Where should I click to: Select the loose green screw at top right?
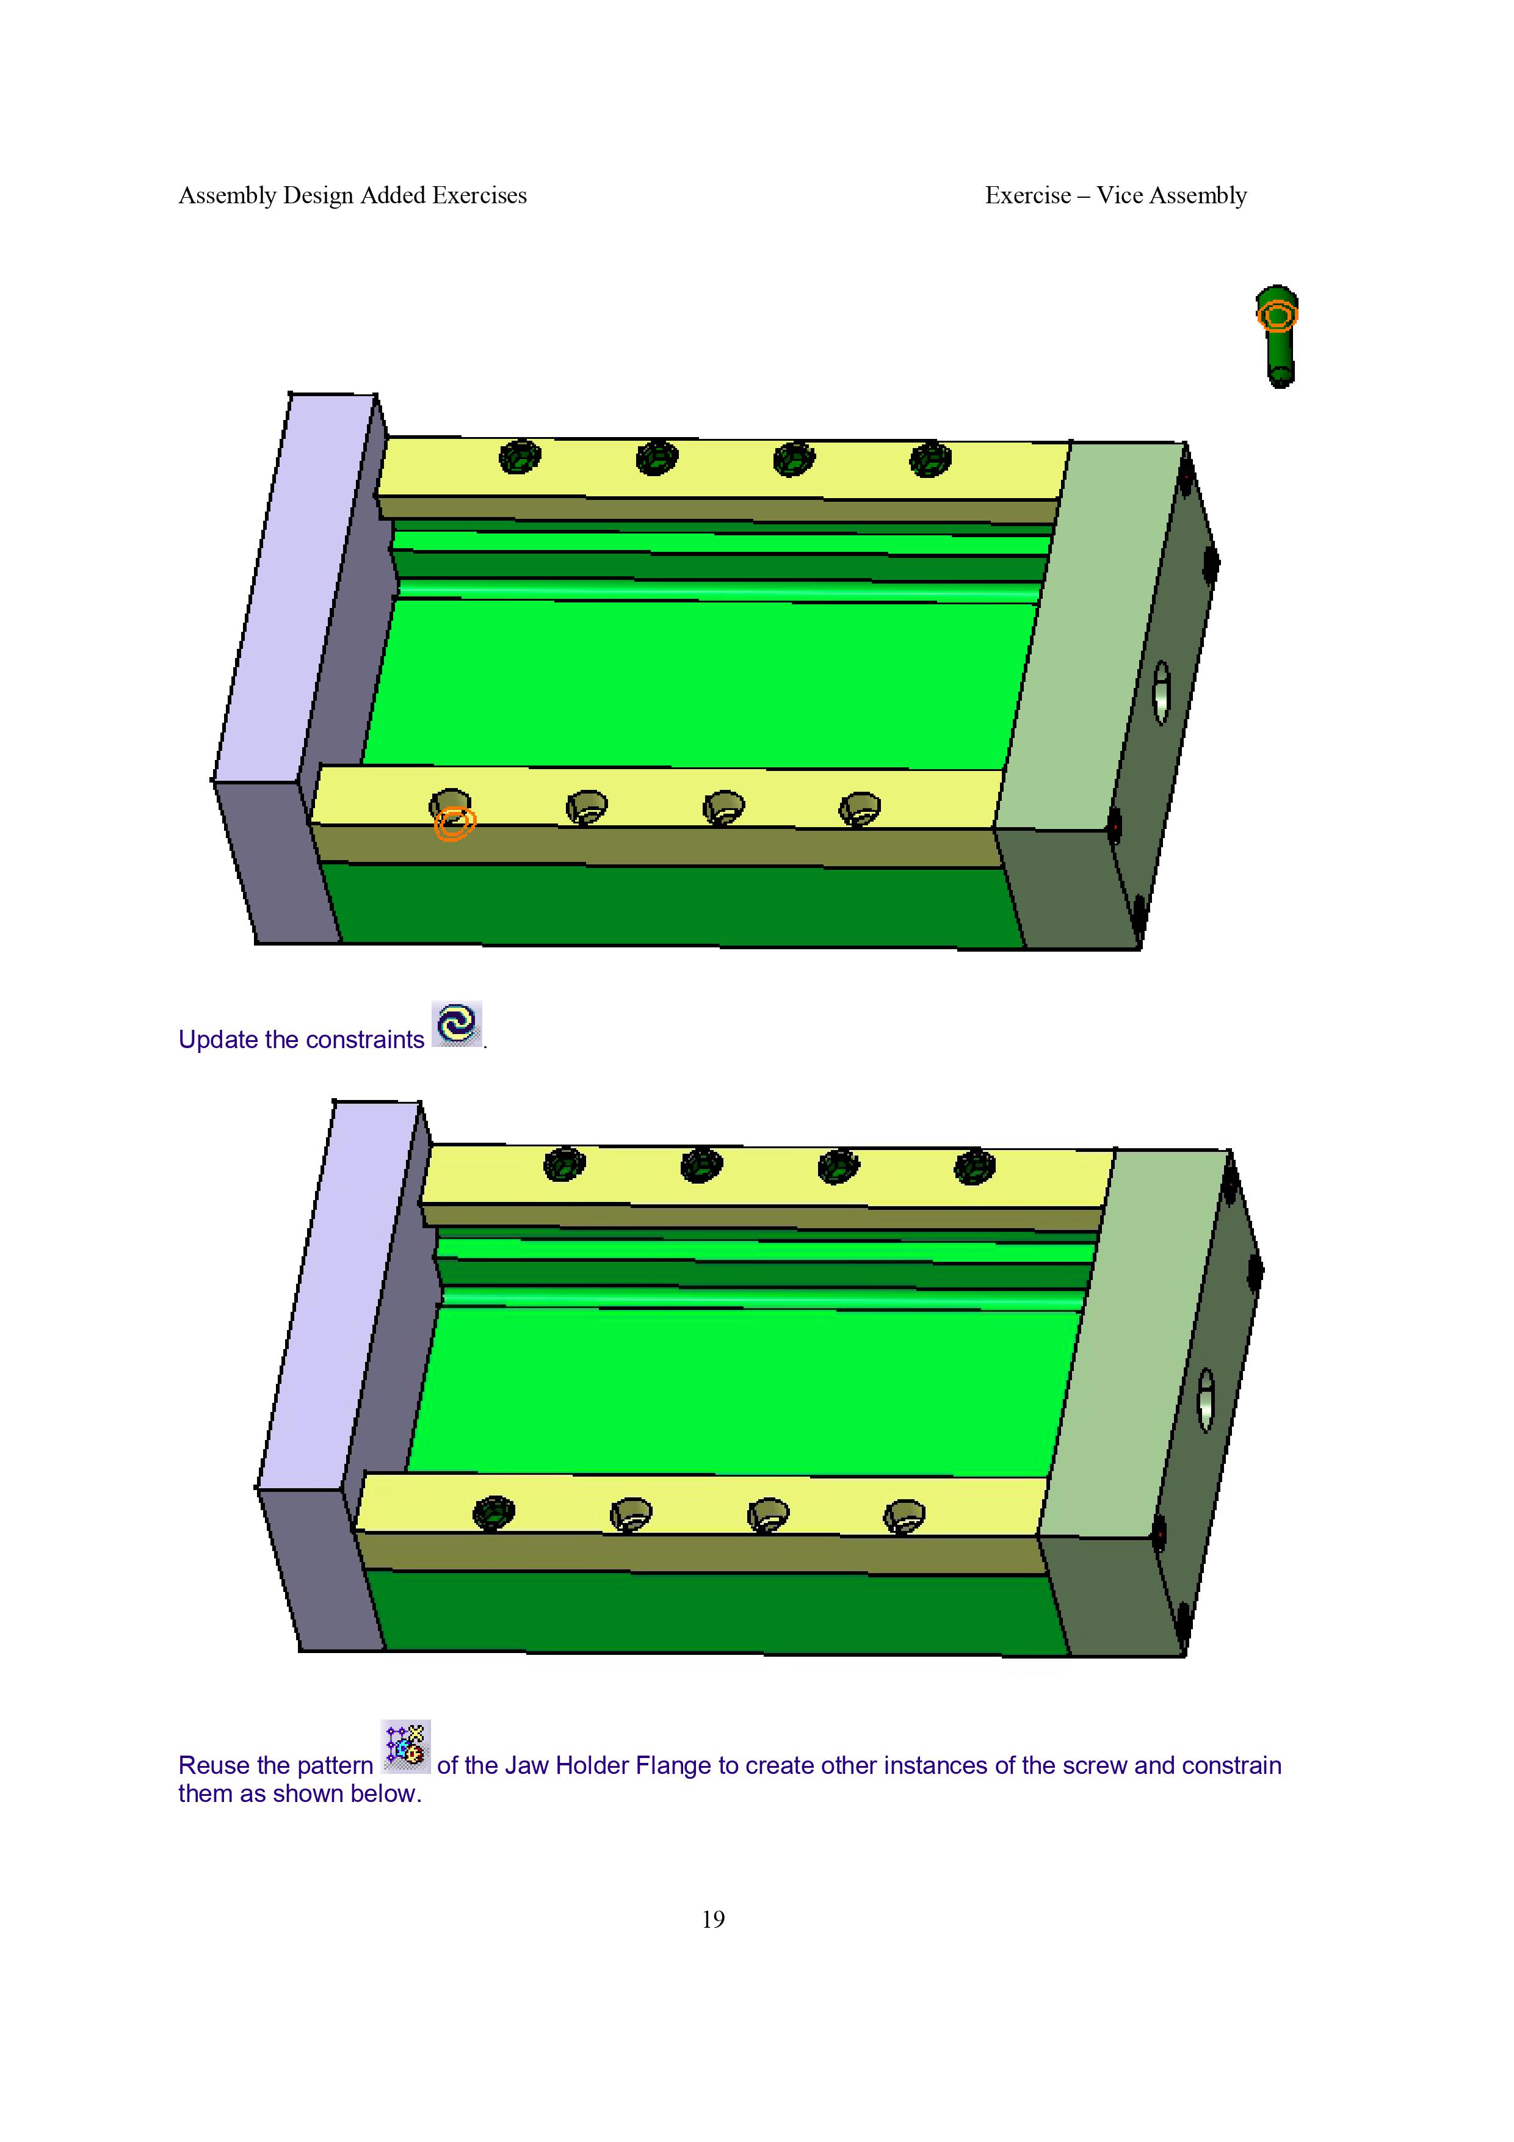(x=1277, y=336)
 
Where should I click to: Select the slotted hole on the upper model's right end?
(x=1161, y=692)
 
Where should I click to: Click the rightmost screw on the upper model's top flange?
(x=930, y=459)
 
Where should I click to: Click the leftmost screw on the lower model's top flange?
(x=564, y=1164)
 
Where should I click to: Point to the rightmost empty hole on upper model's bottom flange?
(x=859, y=808)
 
